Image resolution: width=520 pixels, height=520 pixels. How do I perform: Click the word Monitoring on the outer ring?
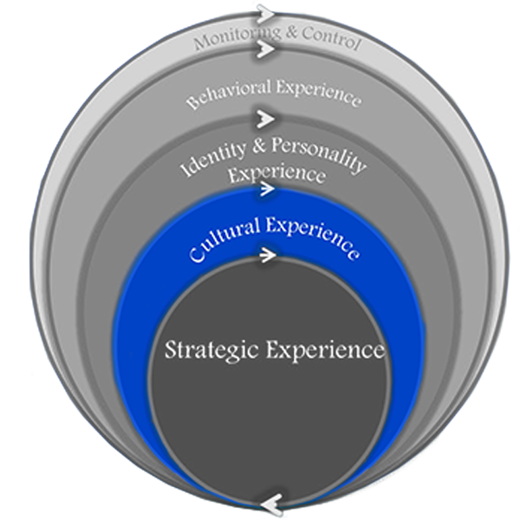pos(229,40)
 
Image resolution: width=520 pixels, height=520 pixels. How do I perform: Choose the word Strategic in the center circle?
pos(212,351)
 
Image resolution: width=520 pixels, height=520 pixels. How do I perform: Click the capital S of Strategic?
pos(171,351)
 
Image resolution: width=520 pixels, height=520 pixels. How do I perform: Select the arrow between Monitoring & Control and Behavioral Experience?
pos(265,50)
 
